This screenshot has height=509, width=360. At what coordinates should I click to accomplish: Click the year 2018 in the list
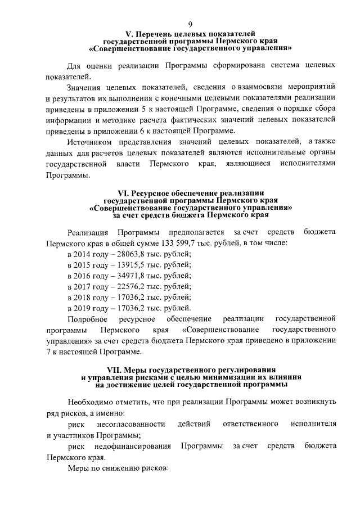point(83,297)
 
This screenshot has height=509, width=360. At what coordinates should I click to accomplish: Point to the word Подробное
point(85,319)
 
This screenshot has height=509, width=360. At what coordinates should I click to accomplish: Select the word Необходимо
point(92,402)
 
